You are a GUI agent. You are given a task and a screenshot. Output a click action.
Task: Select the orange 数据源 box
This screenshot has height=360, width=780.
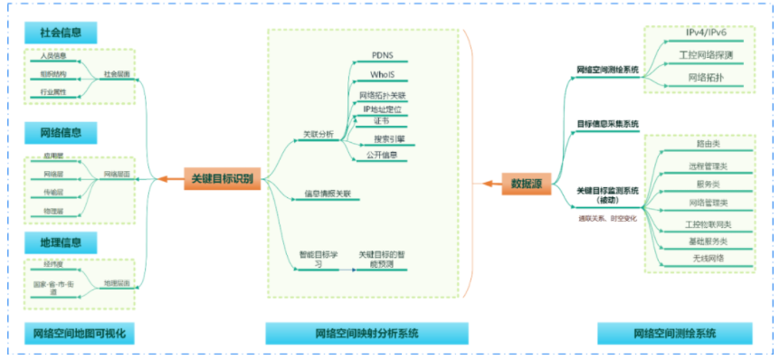(x=526, y=184)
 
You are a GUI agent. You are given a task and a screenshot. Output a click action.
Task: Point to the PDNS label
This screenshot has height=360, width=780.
(x=382, y=56)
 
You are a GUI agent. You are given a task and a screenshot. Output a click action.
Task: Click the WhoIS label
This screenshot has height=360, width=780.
(x=382, y=75)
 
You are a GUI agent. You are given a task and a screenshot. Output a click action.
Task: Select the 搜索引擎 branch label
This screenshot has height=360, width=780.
(x=389, y=139)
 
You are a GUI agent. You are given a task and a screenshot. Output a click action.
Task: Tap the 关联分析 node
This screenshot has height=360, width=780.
(x=317, y=134)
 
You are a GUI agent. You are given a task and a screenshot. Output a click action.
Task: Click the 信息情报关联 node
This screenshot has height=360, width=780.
(x=327, y=194)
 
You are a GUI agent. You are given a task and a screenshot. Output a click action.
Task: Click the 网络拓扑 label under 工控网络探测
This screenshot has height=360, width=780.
(x=706, y=79)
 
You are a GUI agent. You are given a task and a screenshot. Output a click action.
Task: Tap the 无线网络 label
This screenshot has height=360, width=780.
(x=707, y=258)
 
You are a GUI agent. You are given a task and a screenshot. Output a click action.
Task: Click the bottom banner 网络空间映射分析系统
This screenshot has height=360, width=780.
(x=366, y=334)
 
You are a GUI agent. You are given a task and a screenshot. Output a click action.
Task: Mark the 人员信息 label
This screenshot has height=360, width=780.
(x=53, y=56)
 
